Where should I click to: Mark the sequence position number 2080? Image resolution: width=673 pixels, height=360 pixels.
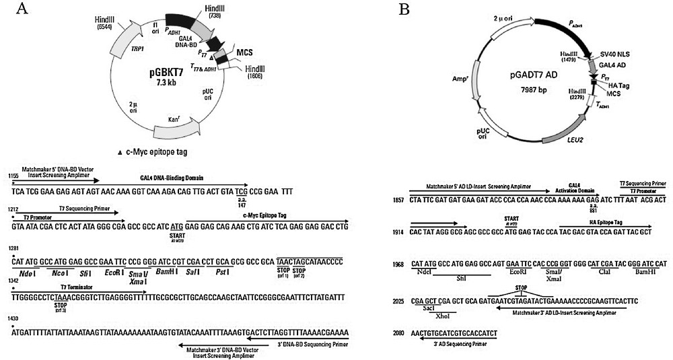pos(400,332)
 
